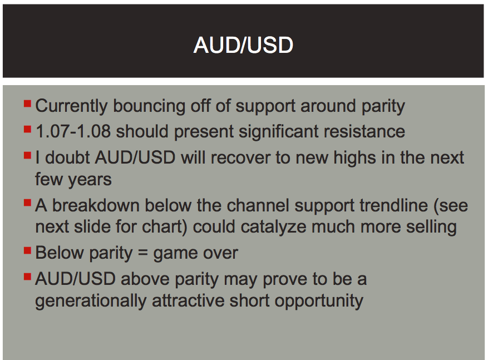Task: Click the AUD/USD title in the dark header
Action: [243, 45]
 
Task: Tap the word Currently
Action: [71, 106]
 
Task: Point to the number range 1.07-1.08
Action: [73, 131]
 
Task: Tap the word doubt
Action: [67, 157]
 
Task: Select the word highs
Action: [354, 158]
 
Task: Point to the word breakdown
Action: [96, 205]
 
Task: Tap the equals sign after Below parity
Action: [142, 253]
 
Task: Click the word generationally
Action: [91, 301]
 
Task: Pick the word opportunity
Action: [319, 301]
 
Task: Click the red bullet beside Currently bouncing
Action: [27, 103]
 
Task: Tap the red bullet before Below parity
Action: [27, 250]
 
